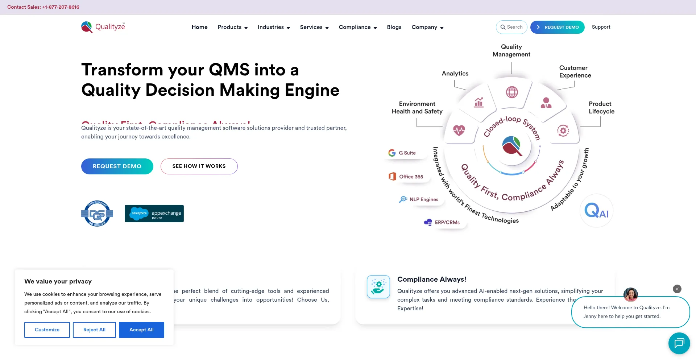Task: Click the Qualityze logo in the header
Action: coord(103,27)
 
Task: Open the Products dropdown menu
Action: coord(232,27)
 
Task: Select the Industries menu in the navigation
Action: coord(274,27)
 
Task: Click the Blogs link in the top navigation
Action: coord(394,27)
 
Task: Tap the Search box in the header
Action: coord(511,27)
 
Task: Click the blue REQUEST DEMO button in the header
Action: coord(557,27)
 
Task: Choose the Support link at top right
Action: coord(601,27)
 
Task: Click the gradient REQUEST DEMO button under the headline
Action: coord(117,166)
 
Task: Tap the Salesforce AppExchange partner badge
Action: coord(154,214)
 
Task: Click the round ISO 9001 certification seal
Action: coord(97,214)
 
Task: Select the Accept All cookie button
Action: coord(141,330)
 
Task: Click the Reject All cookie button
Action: coord(94,330)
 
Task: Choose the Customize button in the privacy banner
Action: coord(47,330)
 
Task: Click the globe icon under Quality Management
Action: coord(512,92)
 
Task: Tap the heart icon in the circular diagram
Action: coord(459,130)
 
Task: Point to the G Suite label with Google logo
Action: coord(402,153)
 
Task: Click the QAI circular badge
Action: coord(596,211)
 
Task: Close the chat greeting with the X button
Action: coord(677,289)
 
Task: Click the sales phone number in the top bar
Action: coord(61,7)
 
